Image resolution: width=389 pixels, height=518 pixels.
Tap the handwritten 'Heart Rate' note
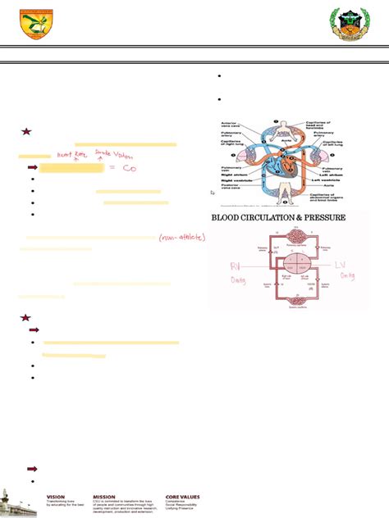tap(71, 153)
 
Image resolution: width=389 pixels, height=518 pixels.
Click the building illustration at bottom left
tap(17, 497)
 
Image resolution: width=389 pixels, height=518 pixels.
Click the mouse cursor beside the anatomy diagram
tap(213, 193)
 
